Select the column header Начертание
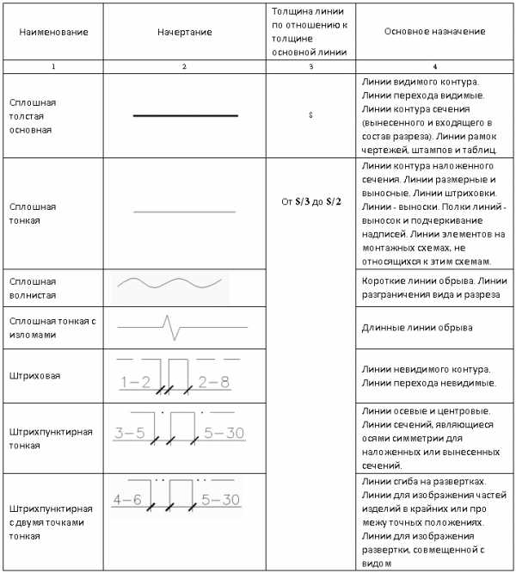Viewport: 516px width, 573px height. click(184, 31)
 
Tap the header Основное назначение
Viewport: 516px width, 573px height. click(435, 31)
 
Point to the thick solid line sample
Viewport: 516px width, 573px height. click(185, 114)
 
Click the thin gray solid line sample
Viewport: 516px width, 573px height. click(185, 210)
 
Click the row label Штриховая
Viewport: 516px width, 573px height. click(28, 375)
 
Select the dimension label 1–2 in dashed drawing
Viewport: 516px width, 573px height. click(136, 381)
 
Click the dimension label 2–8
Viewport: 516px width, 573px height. click(213, 381)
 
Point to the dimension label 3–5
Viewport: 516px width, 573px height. click(130, 433)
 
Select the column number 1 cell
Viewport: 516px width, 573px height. click(53, 66)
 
